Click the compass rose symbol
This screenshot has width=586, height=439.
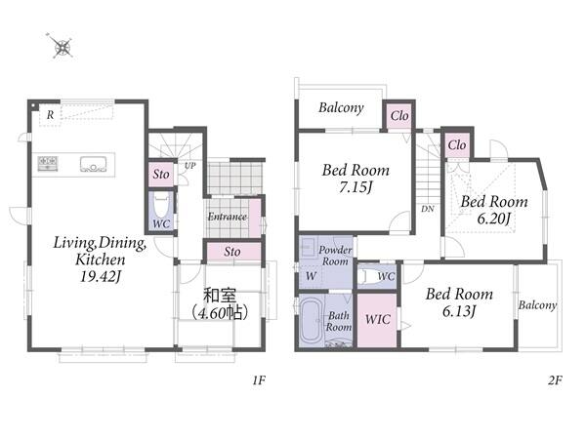click(62, 46)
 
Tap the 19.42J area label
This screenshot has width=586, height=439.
click(101, 277)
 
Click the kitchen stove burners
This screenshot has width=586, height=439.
click(48, 164)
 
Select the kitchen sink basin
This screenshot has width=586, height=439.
click(93, 164)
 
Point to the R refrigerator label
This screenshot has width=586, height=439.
click(50, 115)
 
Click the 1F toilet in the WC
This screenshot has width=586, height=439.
click(161, 205)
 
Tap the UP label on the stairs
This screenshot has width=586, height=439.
click(189, 166)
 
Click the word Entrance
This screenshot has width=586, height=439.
click(228, 217)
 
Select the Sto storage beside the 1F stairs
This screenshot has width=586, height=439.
click(161, 174)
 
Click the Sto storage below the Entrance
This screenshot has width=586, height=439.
click(232, 252)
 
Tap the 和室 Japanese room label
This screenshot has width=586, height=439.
click(220, 296)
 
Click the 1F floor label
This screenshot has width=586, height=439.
click(259, 380)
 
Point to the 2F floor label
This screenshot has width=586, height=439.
click(555, 380)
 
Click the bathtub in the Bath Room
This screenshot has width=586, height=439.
click(311, 321)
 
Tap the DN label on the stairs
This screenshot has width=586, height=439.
click(428, 209)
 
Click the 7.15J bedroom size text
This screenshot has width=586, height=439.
click(356, 187)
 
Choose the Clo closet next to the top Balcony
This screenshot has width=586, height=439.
click(399, 116)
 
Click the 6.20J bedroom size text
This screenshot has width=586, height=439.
click(493, 219)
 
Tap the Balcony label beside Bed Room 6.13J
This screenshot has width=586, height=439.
click(537, 305)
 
